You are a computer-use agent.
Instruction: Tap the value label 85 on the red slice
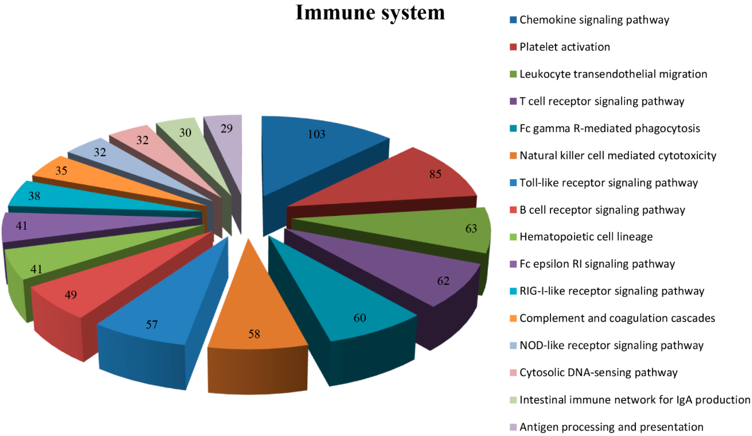pos(435,174)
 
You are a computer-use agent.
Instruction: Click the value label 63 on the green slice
pos(471,229)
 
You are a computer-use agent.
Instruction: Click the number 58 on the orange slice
pos(254,334)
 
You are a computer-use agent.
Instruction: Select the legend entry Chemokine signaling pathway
pos(594,20)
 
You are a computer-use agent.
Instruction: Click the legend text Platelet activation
pos(565,47)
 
